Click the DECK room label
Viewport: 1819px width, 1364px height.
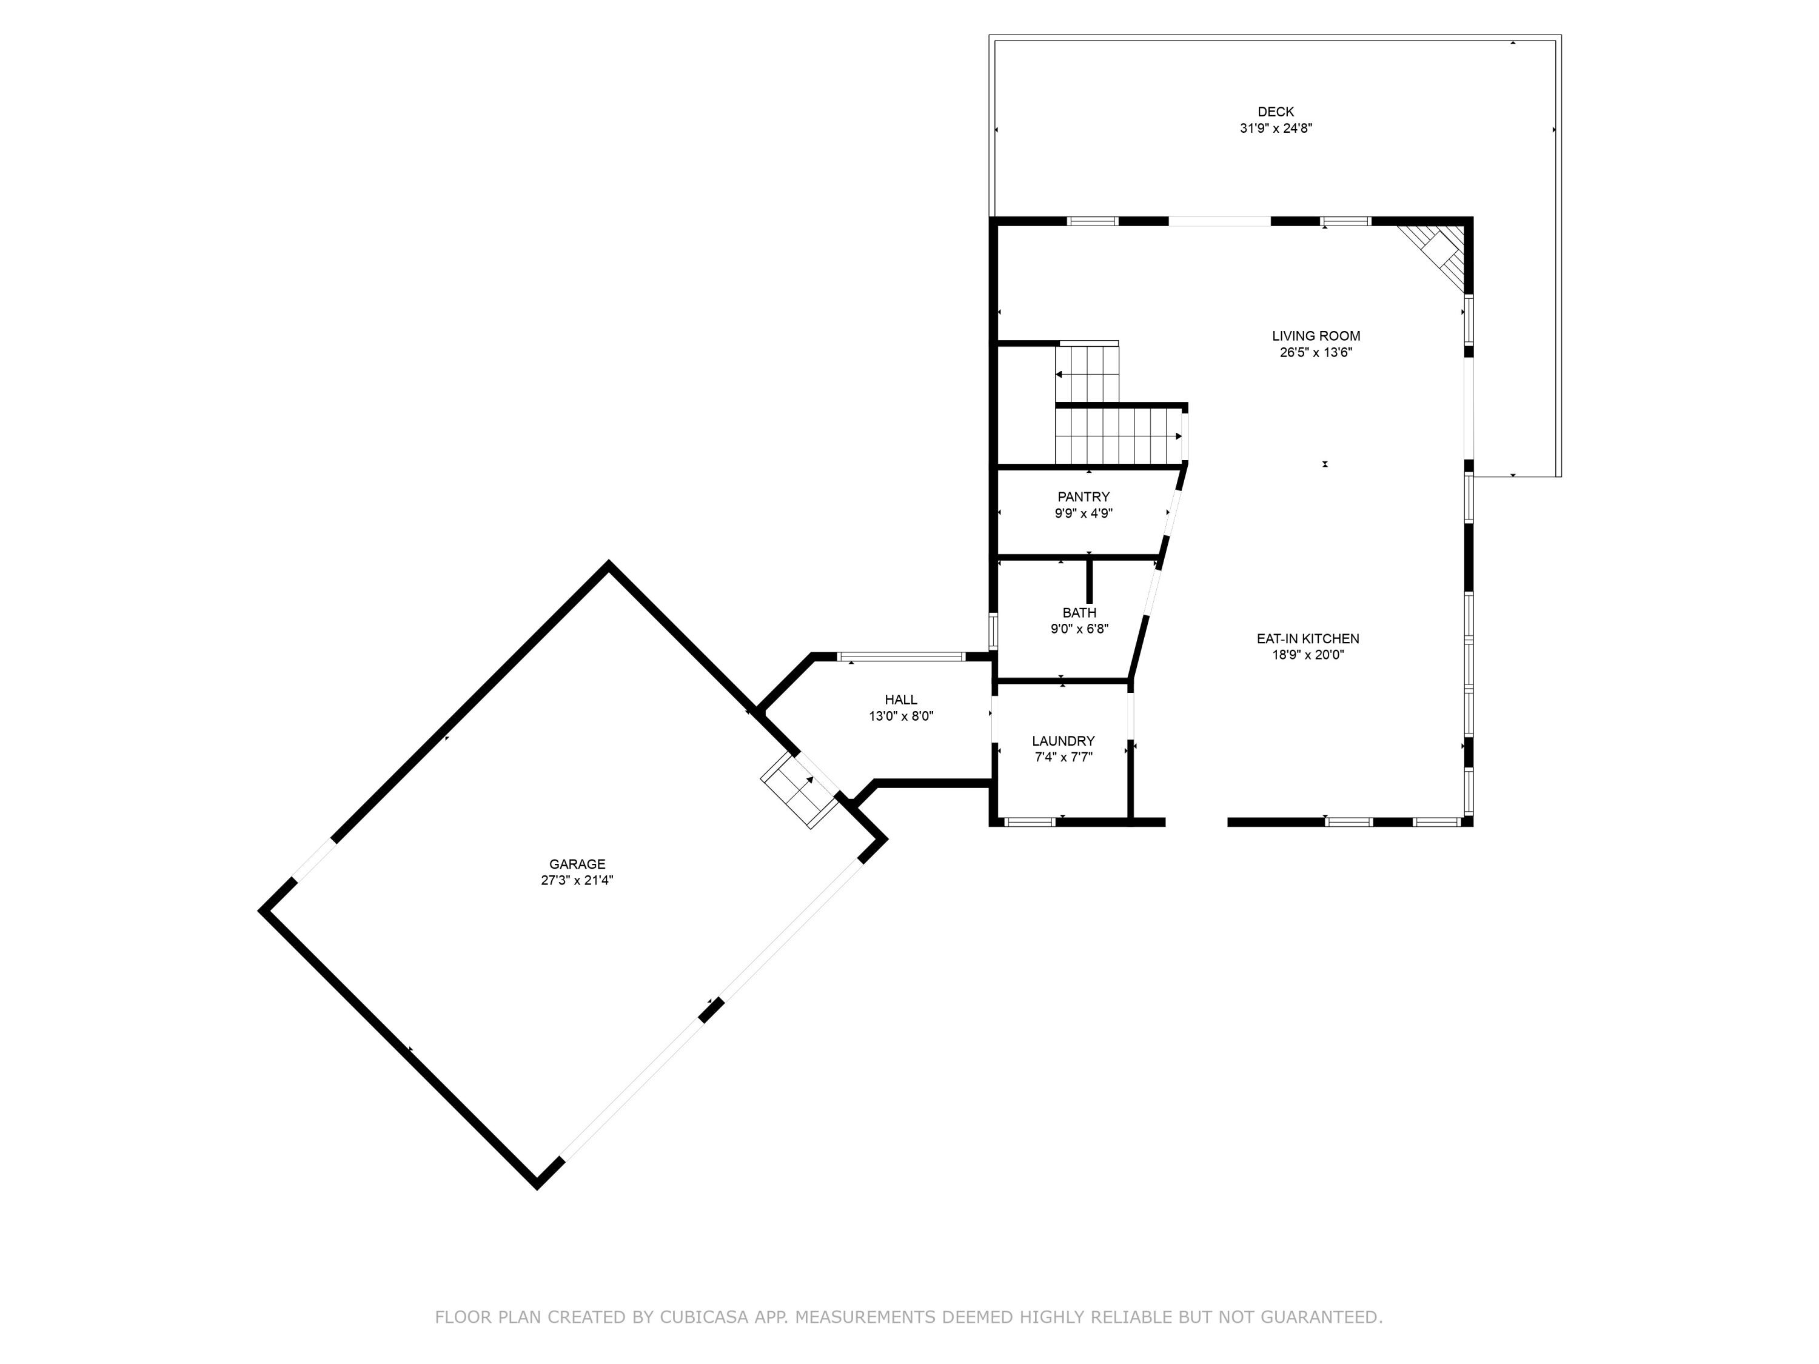[1276, 112]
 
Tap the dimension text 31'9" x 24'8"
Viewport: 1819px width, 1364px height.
[1276, 129]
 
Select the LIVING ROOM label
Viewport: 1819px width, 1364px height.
[1316, 335]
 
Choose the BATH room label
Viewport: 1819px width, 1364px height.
[1079, 612]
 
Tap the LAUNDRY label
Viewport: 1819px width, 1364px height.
[1064, 741]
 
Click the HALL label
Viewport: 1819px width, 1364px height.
[900, 700]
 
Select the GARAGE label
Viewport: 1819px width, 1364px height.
[577, 864]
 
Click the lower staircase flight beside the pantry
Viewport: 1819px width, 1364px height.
[1117, 436]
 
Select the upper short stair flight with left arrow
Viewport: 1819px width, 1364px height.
[1087, 373]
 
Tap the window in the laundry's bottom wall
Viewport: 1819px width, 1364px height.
[1030, 821]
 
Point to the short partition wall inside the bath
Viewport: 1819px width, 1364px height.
[1090, 581]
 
